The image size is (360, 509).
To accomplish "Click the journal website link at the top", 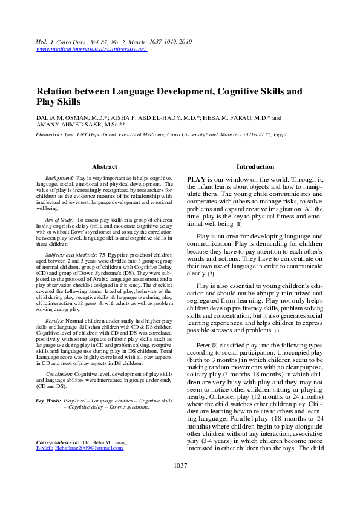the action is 92,48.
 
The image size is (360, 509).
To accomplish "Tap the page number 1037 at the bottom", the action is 180,465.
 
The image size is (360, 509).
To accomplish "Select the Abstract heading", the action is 104,166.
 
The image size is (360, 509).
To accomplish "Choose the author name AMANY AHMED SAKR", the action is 67,126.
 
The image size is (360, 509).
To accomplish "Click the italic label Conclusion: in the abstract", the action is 59,375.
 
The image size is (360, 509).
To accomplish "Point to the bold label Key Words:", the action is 48,401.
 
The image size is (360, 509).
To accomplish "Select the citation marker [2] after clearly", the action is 211,274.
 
